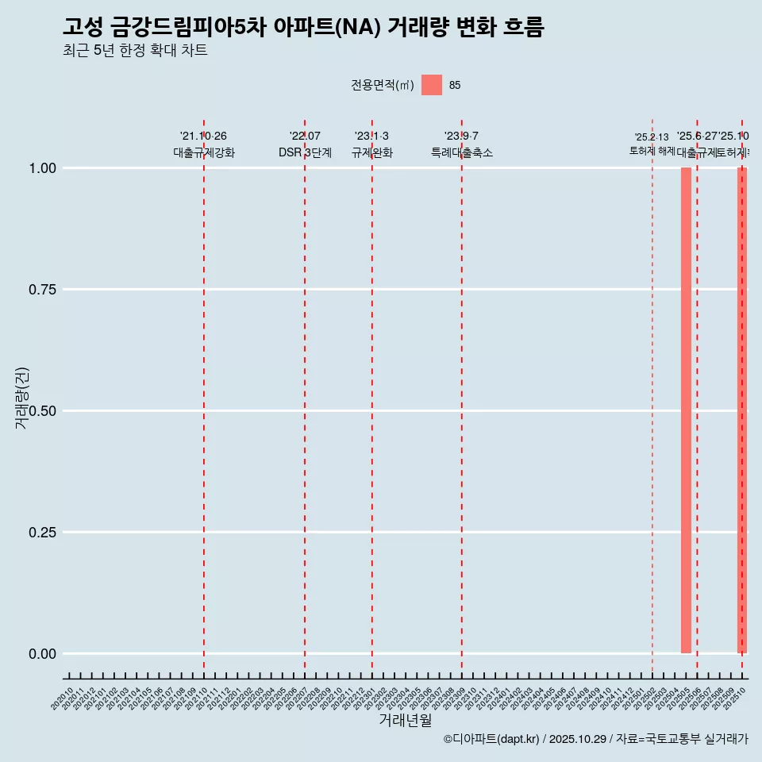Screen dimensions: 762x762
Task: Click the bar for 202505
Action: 686,410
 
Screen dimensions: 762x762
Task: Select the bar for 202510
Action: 742,410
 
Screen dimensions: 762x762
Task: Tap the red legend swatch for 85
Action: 432,85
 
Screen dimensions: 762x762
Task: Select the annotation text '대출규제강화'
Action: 204,152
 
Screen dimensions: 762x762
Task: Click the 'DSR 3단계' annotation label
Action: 305,152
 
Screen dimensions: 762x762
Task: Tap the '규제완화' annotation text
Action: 372,152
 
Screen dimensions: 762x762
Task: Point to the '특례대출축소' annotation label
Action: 462,152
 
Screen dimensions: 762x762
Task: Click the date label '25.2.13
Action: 652,137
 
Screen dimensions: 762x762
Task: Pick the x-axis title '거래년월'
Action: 405,721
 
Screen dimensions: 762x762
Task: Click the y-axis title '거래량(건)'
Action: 21,398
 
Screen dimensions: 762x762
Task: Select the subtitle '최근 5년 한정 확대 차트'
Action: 135,51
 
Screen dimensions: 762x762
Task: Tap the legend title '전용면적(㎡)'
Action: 383,85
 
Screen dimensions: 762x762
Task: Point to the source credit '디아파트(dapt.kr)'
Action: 492,739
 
